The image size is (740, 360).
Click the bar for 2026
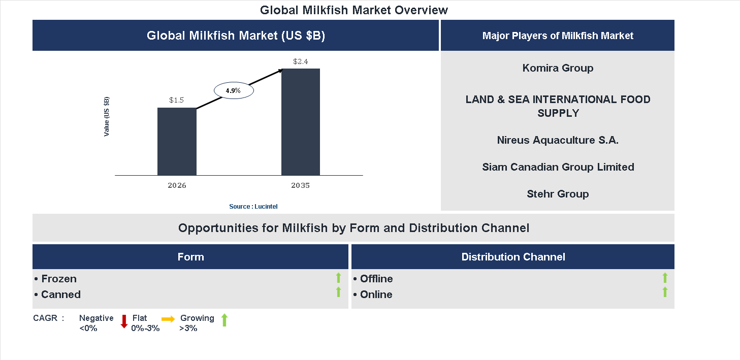coord(177,142)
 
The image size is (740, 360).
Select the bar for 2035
coord(301,122)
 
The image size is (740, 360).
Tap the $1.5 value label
coord(176,100)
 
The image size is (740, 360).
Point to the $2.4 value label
coord(301,61)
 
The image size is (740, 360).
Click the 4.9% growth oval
coord(233,90)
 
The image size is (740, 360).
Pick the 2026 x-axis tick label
coord(177,185)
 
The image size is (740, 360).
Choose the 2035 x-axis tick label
coord(300,185)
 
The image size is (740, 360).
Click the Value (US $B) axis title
coord(107,116)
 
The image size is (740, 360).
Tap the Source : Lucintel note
coord(253,207)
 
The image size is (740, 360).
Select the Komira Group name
coord(558,68)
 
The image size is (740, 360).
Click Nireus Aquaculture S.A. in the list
coord(558,140)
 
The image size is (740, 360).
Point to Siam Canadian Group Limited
coord(558,167)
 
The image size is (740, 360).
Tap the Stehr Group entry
coord(558,194)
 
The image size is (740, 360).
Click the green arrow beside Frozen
coord(338,278)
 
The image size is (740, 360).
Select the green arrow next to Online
coord(665,292)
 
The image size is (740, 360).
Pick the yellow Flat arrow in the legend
coord(168,319)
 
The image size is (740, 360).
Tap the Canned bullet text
coord(60,294)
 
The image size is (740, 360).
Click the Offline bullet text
coord(376,279)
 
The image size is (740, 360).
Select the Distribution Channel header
coord(513,257)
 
